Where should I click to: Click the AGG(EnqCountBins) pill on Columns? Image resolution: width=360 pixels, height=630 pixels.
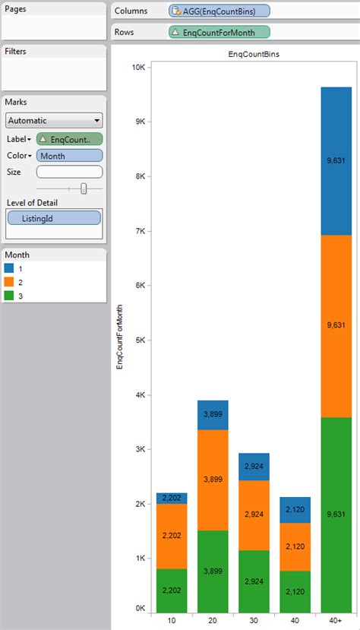pos(219,11)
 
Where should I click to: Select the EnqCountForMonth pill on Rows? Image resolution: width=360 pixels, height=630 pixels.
pos(219,33)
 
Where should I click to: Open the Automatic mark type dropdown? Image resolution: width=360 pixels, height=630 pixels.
pos(53,120)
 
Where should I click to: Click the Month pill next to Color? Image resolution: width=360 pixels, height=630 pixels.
pos(68,156)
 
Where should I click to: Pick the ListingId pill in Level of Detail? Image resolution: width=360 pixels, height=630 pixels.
pos(54,218)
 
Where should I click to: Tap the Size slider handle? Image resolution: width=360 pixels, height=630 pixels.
pos(84,188)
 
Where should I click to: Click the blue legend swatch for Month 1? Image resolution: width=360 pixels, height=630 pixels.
pos(9,268)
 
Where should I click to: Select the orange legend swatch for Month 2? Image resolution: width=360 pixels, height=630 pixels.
pos(9,282)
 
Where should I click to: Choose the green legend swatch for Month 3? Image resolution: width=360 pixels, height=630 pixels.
pos(9,296)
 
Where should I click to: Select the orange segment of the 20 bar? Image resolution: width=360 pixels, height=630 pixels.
pos(213,480)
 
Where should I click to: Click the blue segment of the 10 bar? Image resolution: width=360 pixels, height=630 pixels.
pos(172,498)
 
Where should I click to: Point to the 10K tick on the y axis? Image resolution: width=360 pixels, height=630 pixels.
pos(138,68)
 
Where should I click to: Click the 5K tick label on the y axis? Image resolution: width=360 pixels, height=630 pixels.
pos(141,340)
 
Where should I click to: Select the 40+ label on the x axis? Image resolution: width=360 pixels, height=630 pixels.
pos(335,620)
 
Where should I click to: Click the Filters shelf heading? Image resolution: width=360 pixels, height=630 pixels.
pos(17,51)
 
